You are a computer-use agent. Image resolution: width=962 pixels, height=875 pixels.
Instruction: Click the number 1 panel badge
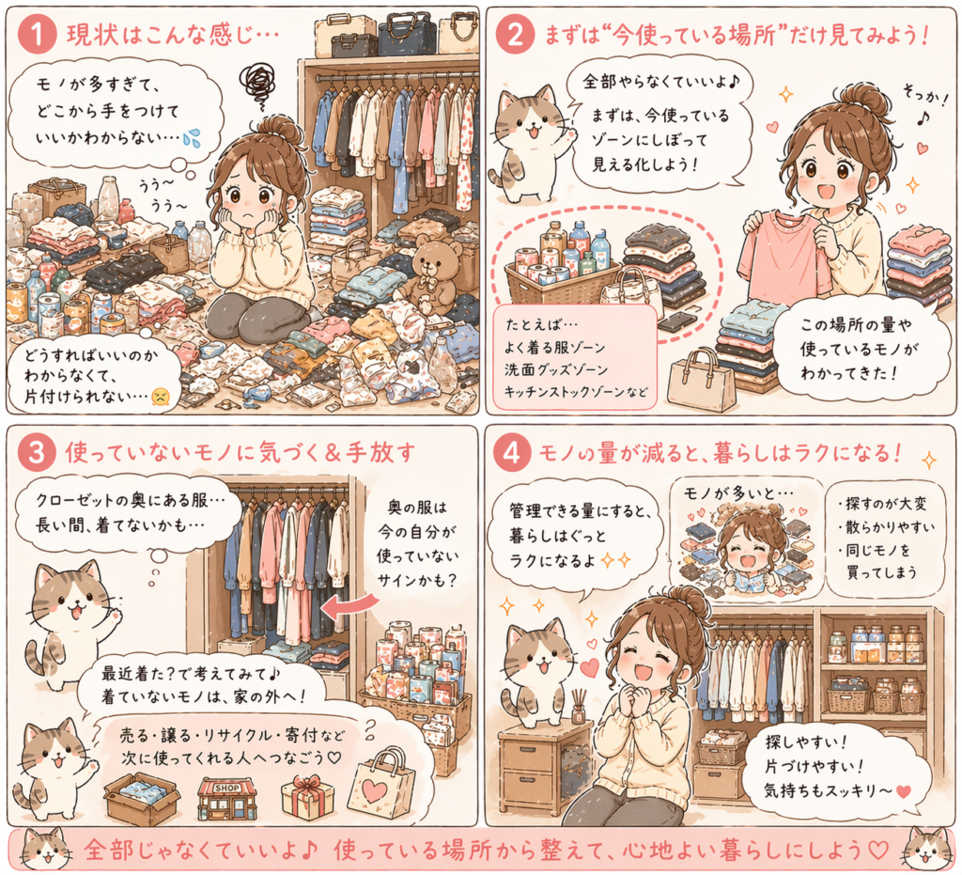[37, 35]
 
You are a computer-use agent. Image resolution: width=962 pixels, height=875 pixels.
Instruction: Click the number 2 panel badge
[515, 35]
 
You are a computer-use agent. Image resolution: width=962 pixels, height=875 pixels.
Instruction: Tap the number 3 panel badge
[37, 452]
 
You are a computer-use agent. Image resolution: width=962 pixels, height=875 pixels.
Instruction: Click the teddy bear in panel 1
[432, 274]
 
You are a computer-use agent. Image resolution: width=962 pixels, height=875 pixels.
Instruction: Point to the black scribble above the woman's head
[257, 85]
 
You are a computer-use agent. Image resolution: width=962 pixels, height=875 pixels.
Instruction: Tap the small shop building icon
[227, 798]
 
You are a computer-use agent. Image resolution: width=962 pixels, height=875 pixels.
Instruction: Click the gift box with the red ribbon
[307, 797]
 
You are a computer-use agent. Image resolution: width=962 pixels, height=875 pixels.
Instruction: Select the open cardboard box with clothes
[143, 797]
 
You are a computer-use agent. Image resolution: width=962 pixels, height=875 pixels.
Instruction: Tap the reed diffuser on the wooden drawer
[578, 706]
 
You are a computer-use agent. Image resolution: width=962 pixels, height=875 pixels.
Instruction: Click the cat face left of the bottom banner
[46, 850]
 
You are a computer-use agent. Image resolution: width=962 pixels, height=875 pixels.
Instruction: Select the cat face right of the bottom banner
[928, 850]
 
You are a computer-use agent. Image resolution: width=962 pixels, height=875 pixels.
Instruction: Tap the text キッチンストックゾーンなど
[576, 392]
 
